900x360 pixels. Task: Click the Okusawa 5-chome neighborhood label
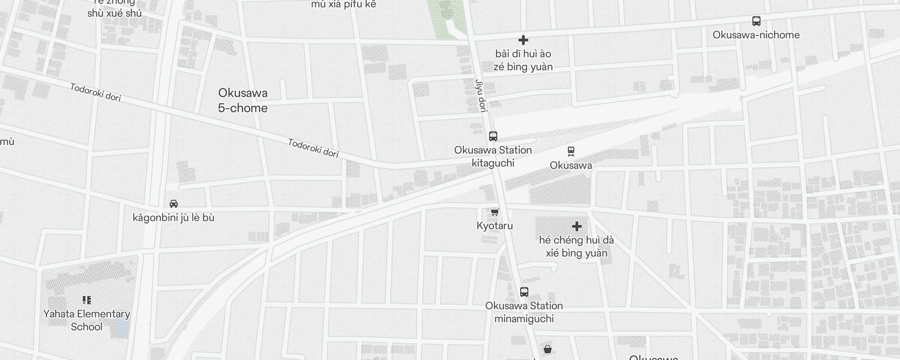pos(243,100)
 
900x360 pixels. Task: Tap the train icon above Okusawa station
pos(571,152)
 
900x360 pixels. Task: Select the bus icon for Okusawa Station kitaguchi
pos(493,136)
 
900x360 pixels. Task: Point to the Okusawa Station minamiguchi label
pos(524,312)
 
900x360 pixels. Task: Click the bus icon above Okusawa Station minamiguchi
pos(524,292)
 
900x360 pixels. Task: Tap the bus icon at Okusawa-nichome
pos(756,21)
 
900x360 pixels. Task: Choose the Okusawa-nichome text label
pos(756,35)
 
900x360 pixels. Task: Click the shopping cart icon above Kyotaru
pos(495,212)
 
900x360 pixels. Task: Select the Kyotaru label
pos(495,226)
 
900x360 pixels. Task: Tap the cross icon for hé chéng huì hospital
pos(577,226)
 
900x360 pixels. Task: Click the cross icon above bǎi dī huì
pos(523,40)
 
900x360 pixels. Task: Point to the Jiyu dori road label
pos(481,96)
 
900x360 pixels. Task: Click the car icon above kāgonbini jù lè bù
pos(174,204)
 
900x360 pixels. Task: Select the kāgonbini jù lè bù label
pos(173,218)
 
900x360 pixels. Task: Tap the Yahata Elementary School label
pos(87,320)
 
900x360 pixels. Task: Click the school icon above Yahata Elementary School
pos(87,300)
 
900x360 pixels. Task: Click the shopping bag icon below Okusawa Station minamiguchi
pos(548,349)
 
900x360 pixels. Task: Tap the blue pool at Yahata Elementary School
pos(121,328)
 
